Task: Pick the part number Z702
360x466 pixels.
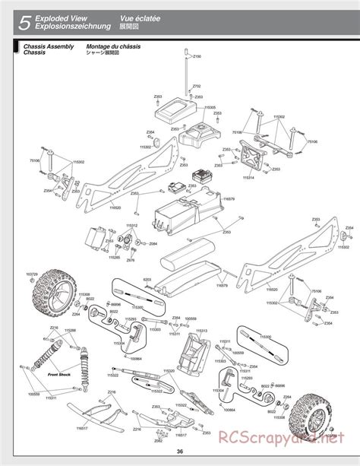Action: [x=197, y=87]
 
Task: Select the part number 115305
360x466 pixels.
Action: [x=209, y=107]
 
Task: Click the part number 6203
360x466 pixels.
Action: [x=147, y=281]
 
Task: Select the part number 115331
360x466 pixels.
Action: [x=51, y=398]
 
